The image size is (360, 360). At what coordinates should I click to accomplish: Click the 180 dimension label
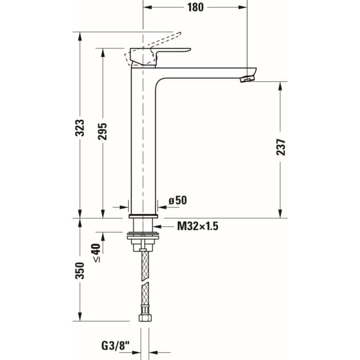click(x=195, y=7)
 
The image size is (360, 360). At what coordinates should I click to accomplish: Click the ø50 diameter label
click(x=177, y=200)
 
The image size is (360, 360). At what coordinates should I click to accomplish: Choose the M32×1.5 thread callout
click(x=198, y=226)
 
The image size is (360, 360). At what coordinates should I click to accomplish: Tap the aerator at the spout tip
click(x=248, y=78)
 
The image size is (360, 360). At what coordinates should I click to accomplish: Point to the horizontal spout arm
click(x=206, y=73)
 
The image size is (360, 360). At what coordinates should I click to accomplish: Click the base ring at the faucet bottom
click(x=143, y=215)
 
